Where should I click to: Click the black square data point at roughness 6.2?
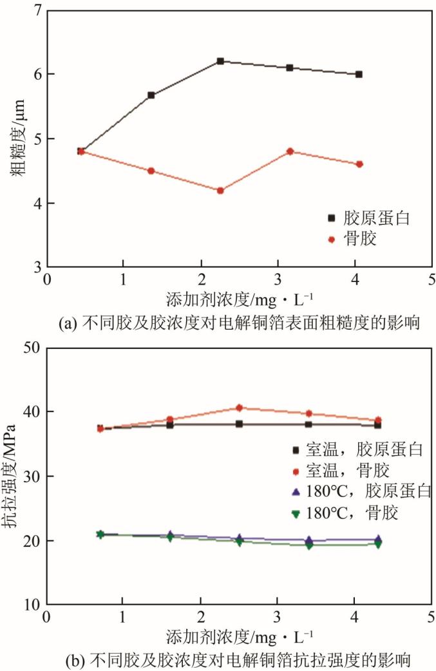tap(220, 61)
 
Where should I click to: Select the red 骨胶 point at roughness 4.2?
tap(220, 191)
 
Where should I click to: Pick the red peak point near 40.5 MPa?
tap(239, 408)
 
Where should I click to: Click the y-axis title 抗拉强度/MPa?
tap(12, 477)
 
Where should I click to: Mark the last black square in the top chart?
tap(359, 74)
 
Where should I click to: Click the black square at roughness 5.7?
tap(151, 95)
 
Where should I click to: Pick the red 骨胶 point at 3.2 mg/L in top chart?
tap(290, 151)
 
